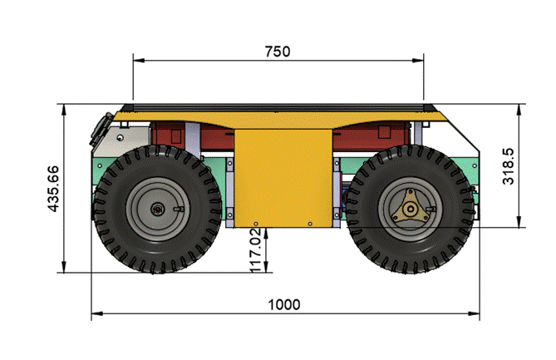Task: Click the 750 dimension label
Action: (x=278, y=52)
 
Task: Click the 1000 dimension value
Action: (x=284, y=304)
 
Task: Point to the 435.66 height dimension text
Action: (x=54, y=189)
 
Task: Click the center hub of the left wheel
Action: (x=157, y=209)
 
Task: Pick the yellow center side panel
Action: (x=283, y=177)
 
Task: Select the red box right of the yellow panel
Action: (x=378, y=133)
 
